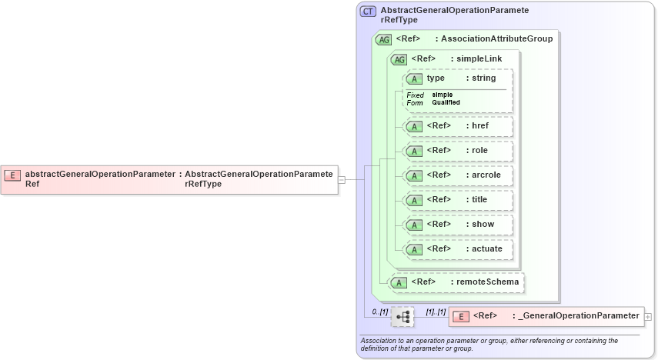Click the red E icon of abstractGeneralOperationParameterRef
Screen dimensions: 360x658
click(x=12, y=175)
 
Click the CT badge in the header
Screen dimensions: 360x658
click(x=369, y=12)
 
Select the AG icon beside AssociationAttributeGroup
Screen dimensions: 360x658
click(x=382, y=39)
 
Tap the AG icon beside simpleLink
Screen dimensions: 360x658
click(x=399, y=59)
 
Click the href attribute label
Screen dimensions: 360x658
click(x=479, y=125)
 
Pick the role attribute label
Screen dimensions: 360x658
click(x=479, y=150)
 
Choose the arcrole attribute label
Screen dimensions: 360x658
click(x=486, y=175)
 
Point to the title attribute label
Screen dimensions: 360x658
click(x=479, y=199)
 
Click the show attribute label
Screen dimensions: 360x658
click(x=483, y=224)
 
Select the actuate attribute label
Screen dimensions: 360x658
click(x=486, y=248)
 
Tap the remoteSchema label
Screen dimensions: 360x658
click(x=487, y=282)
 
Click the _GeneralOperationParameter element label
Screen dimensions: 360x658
click(x=580, y=315)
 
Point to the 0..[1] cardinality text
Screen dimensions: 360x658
click(x=379, y=312)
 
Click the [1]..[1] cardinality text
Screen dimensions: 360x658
click(x=436, y=312)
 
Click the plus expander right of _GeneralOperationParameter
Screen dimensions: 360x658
click(x=648, y=316)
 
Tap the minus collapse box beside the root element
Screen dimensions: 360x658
click(x=342, y=180)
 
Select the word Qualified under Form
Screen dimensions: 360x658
click(x=446, y=102)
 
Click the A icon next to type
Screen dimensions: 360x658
click(x=415, y=78)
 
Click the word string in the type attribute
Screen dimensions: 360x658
click(x=483, y=78)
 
